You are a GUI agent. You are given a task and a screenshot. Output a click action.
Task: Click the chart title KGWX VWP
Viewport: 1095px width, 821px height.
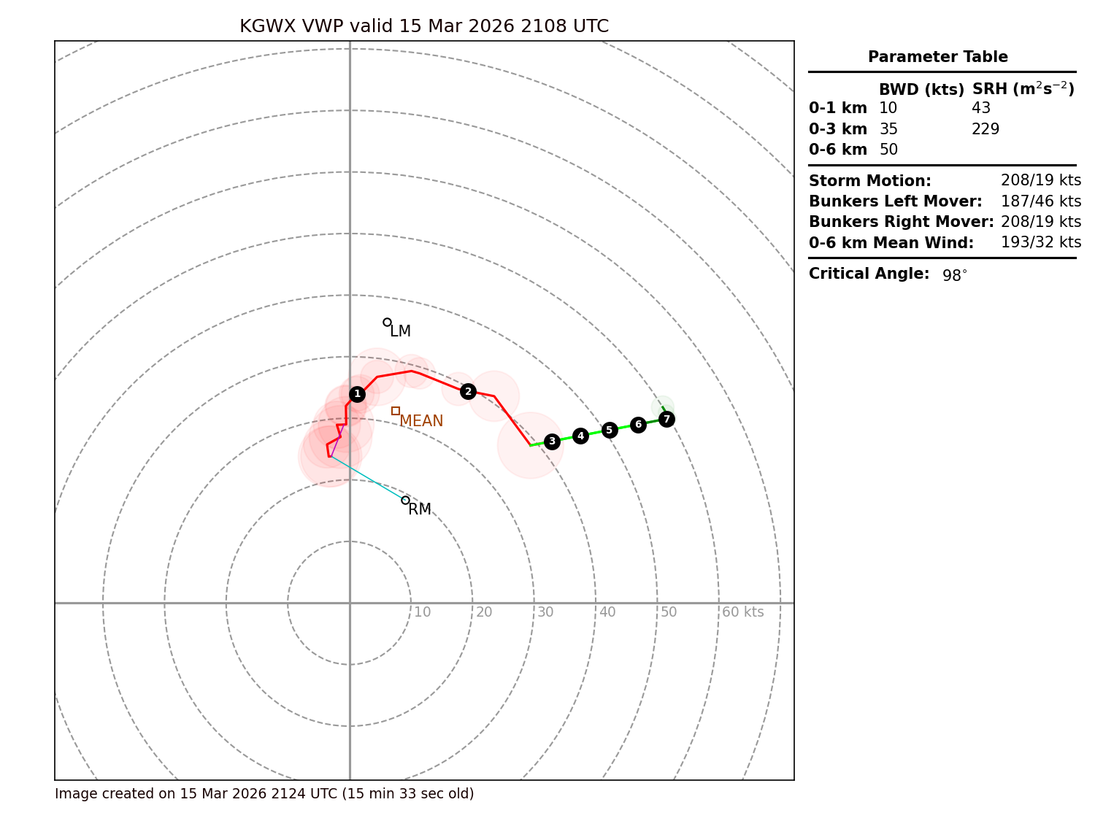(x=423, y=27)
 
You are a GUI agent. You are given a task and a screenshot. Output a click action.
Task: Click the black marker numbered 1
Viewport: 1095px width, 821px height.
(x=357, y=394)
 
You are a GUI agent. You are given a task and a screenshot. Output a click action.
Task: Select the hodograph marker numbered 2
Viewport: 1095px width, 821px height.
(x=469, y=392)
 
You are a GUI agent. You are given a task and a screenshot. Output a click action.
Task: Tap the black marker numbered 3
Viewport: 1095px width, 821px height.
(x=552, y=441)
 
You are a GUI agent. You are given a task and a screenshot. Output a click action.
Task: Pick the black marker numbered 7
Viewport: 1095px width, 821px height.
(x=666, y=419)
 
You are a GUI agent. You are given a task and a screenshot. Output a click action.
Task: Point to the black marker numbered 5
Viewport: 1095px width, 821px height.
(x=610, y=430)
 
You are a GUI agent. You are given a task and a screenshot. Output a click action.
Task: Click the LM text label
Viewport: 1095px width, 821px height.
(x=400, y=332)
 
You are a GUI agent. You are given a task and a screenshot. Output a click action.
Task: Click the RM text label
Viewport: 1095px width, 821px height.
(x=420, y=509)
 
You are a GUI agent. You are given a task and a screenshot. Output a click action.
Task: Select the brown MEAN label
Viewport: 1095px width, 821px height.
(x=421, y=421)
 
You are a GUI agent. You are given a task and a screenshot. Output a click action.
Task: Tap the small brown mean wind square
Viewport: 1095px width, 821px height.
(x=396, y=411)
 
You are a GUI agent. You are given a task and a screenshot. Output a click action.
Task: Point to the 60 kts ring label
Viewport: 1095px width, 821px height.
(x=742, y=612)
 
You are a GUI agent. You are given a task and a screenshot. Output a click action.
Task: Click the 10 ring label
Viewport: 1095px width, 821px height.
(x=422, y=612)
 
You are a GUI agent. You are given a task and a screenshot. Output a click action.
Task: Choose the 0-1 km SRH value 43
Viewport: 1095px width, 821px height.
(x=981, y=109)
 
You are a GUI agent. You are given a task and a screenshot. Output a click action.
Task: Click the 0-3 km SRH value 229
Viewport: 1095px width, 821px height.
(x=985, y=129)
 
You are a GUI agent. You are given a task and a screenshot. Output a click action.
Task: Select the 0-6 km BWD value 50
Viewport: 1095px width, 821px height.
(x=888, y=150)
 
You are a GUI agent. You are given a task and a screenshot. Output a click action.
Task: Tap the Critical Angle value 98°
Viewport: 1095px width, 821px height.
(x=954, y=276)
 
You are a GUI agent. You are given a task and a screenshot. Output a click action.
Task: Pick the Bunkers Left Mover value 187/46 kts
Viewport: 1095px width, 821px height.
(x=1041, y=201)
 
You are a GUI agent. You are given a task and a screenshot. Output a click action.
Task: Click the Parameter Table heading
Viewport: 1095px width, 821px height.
(x=937, y=57)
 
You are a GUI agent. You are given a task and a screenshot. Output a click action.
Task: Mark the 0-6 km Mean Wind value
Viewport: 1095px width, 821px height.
(x=1041, y=242)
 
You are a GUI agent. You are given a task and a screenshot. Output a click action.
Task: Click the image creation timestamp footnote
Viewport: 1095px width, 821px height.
(x=264, y=794)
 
